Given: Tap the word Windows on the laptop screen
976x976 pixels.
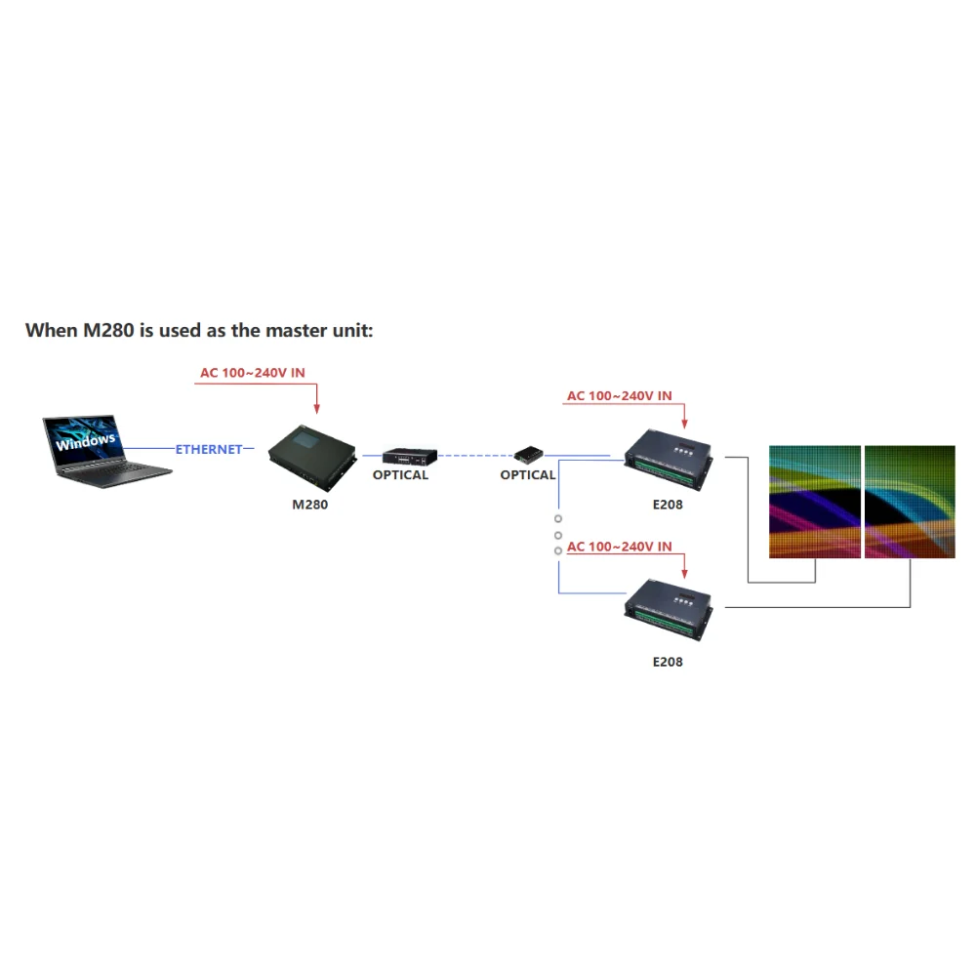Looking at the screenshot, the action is coord(85,441).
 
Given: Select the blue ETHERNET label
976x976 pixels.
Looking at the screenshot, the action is coord(209,450).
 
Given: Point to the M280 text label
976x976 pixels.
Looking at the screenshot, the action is coord(310,506).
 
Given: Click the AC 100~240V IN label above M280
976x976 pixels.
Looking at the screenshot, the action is coord(253,373).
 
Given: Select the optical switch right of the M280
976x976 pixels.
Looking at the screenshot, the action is coord(409,456).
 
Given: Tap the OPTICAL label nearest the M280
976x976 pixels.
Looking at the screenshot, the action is coord(400,475).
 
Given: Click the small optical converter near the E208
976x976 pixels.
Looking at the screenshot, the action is coord(529,454).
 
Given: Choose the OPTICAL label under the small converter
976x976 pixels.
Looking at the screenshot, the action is coord(528,475).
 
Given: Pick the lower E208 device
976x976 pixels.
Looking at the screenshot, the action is coord(669,608).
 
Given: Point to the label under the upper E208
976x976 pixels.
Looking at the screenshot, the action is coord(668,506).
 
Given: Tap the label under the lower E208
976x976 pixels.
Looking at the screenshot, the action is coord(668,662).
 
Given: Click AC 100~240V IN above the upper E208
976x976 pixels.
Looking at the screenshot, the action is coord(620,396).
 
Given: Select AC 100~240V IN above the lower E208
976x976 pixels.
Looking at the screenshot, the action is coord(620,547).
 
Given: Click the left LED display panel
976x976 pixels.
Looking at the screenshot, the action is coord(815,502).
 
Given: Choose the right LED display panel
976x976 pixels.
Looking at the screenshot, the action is coord(910,502).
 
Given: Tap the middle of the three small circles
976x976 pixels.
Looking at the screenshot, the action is coord(558,535).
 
